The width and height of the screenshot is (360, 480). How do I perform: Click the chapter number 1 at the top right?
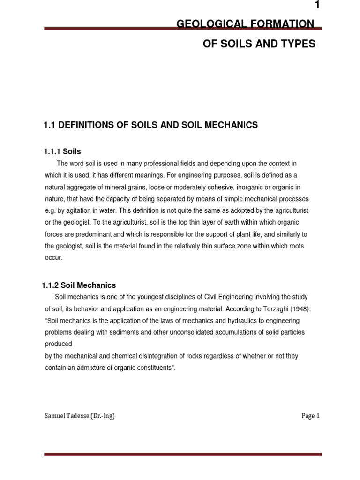coord(317,6)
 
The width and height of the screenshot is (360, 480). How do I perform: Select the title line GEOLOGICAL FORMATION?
coord(245,23)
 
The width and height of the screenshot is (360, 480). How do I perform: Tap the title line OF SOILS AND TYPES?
coord(259,44)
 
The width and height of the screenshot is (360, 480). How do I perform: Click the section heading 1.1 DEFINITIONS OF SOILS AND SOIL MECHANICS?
coord(150,125)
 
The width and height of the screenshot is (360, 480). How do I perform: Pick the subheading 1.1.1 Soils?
coord(62,151)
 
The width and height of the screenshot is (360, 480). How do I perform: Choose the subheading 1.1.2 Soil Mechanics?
coord(80,285)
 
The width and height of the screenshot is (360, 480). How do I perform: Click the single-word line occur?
coord(53,257)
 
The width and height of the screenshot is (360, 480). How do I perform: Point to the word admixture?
coord(97,367)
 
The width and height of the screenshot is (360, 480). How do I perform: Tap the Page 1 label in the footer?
coord(310,416)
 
